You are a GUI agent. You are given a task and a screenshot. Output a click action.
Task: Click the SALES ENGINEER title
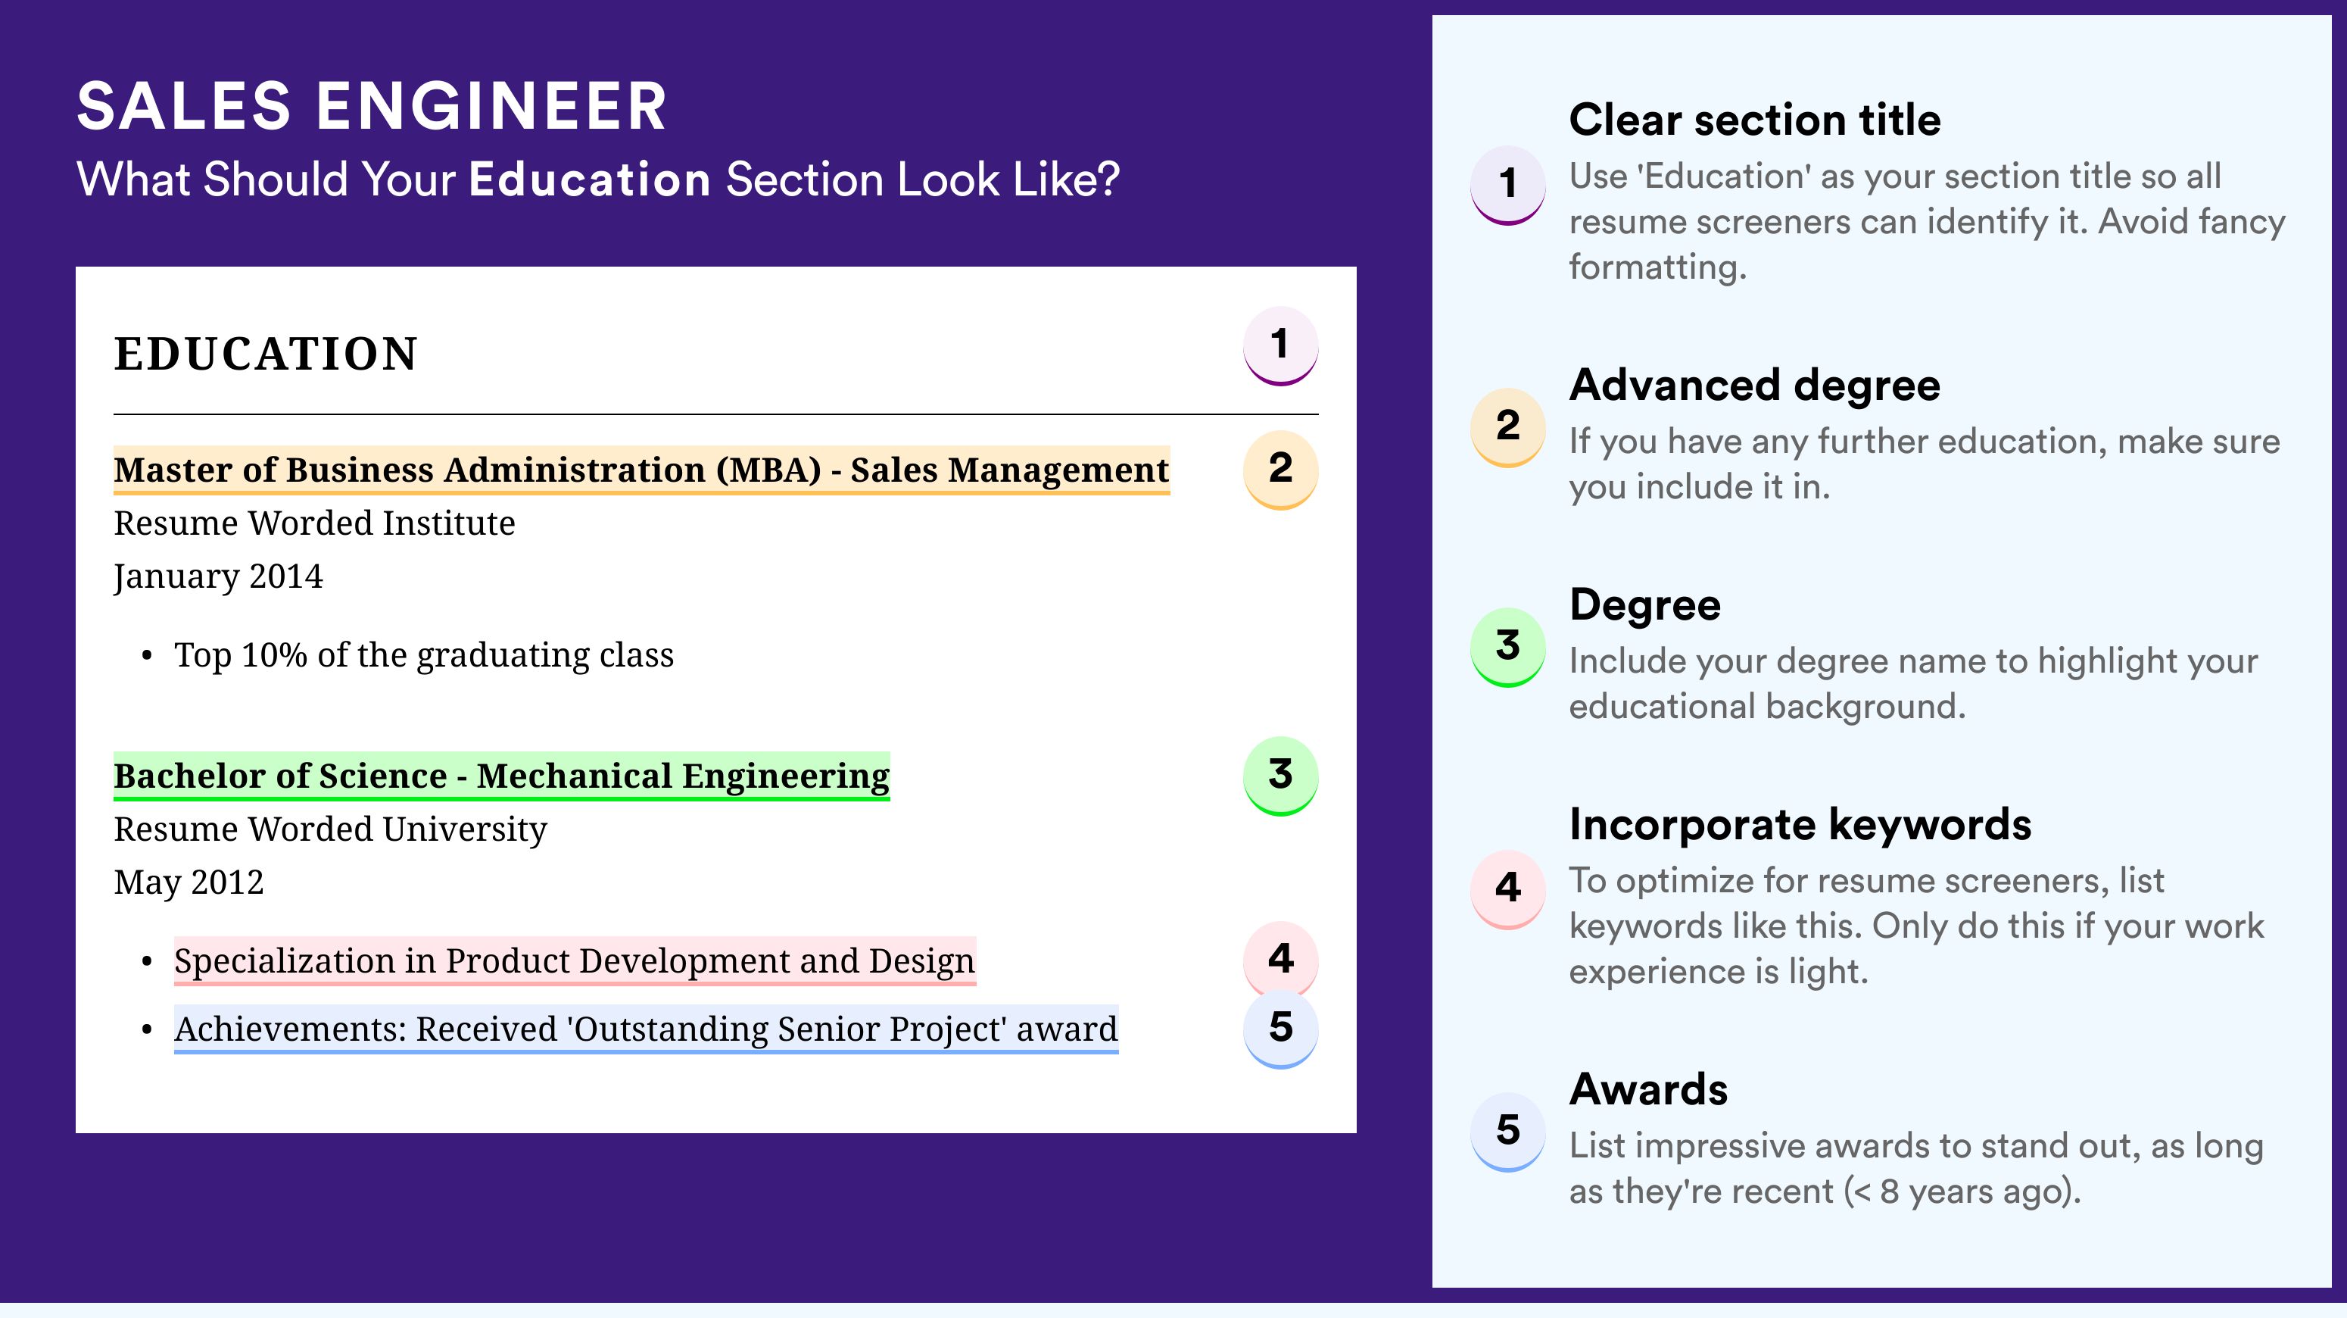[372, 106]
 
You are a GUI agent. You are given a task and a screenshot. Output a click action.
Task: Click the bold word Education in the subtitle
[590, 179]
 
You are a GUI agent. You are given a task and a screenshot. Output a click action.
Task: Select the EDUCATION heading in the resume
[266, 354]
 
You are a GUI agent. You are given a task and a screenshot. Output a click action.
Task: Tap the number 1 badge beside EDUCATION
[1280, 345]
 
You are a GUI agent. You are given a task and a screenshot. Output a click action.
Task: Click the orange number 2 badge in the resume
[1280, 470]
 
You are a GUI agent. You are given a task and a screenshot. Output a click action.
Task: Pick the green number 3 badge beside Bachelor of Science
[1280, 776]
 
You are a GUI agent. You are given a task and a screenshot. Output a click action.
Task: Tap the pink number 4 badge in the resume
[1280, 959]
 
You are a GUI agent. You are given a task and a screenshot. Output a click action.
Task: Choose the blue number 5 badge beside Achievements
[1280, 1028]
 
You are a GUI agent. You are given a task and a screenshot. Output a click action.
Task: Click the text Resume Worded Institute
[314, 523]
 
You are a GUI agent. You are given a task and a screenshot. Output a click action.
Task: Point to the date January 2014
[219, 577]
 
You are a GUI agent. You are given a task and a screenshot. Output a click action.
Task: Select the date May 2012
[189, 882]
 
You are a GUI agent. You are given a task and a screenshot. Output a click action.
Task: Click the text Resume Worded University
[331, 829]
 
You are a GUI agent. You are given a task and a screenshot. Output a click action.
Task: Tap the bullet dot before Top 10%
[147, 656]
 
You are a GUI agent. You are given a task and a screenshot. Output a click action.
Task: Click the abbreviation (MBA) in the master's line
[769, 470]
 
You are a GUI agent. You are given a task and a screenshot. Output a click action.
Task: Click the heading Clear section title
[1755, 120]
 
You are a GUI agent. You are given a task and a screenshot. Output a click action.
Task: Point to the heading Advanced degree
[1755, 386]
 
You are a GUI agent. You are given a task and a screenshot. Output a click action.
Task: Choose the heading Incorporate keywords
[1800, 825]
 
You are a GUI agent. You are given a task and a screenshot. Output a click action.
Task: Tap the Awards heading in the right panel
[1648, 1089]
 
